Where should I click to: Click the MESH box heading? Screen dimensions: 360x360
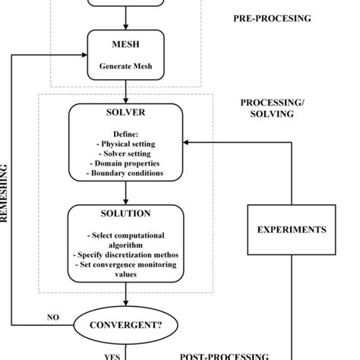click(x=125, y=45)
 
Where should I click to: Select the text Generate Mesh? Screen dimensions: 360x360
click(x=125, y=66)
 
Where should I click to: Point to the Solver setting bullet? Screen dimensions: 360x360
click(x=126, y=152)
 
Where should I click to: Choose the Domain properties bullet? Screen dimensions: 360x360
click(x=126, y=163)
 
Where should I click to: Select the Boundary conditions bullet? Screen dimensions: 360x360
click(x=126, y=173)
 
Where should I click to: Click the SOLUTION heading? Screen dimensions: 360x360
click(x=125, y=213)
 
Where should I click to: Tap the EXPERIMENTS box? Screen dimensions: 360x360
click(x=292, y=229)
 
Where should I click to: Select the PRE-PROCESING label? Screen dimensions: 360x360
click(x=272, y=18)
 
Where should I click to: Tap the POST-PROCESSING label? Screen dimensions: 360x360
click(x=224, y=355)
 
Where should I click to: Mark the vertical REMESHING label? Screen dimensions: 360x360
click(x=5, y=194)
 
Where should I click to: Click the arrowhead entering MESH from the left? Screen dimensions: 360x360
click(x=84, y=55)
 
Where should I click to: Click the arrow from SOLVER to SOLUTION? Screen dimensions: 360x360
click(x=125, y=193)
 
